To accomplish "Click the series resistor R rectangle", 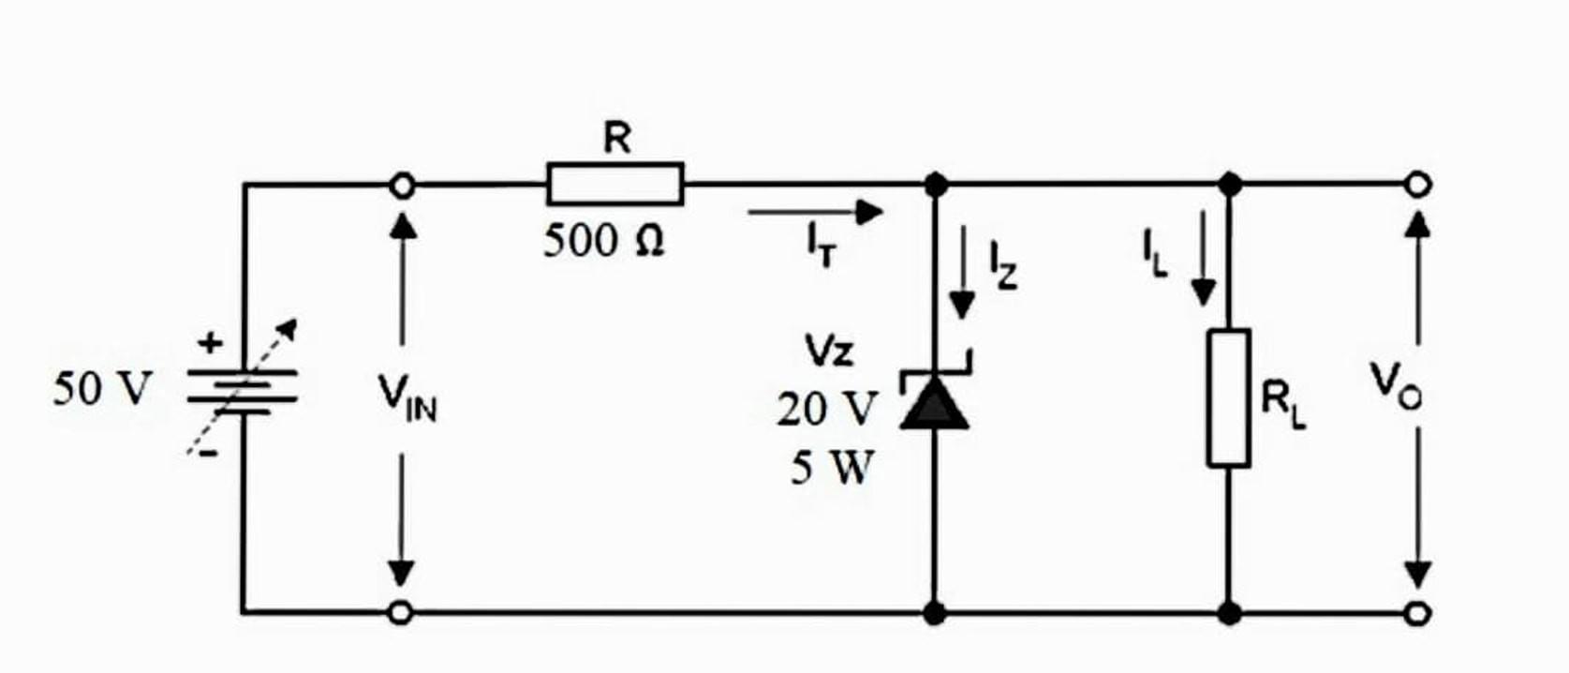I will [615, 184].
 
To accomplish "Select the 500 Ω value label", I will [604, 241].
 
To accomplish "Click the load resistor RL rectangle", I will [1229, 397].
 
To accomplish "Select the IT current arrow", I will [815, 213].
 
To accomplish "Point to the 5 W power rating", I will [831, 467].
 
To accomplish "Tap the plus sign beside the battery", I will [211, 343].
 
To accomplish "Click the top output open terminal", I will [1419, 184].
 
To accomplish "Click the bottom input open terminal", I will [401, 613].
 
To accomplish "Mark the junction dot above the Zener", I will [935, 185].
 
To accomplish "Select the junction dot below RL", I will [1230, 614].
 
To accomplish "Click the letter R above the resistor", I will [616, 139].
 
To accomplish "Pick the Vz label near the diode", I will [829, 351].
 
